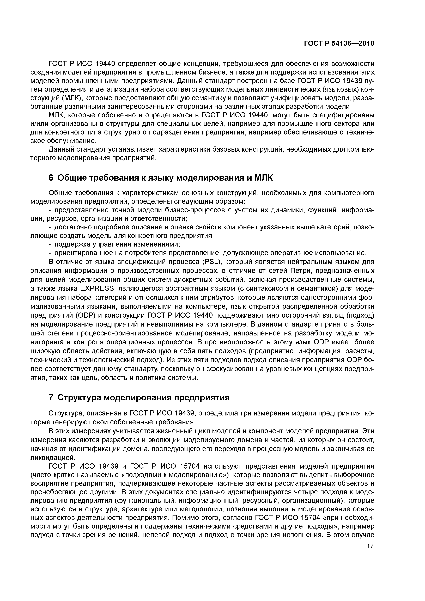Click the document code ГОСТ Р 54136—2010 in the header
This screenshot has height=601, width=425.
pos(339,44)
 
